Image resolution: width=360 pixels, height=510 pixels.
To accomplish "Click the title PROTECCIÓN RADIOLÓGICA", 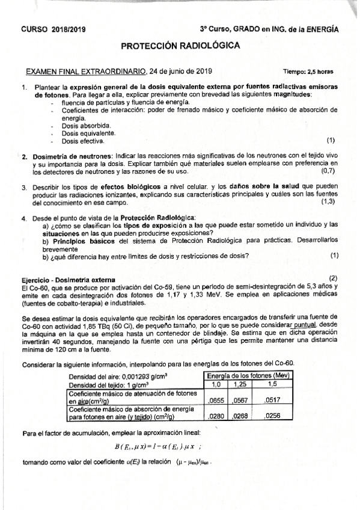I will [x=181, y=46].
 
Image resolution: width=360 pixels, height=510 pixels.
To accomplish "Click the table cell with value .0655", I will [x=216, y=398].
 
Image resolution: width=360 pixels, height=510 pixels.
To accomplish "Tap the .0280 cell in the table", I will [x=216, y=416].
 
